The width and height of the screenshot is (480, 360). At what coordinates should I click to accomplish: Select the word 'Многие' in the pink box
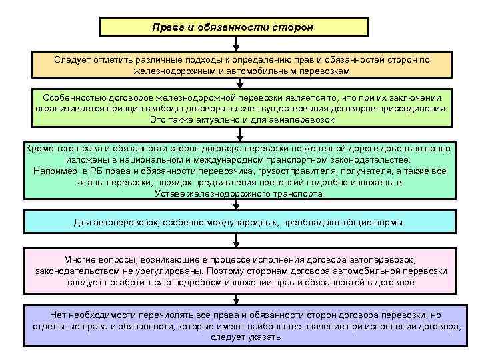tap(80, 259)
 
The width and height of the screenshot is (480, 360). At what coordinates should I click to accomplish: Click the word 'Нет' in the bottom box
tap(58, 315)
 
